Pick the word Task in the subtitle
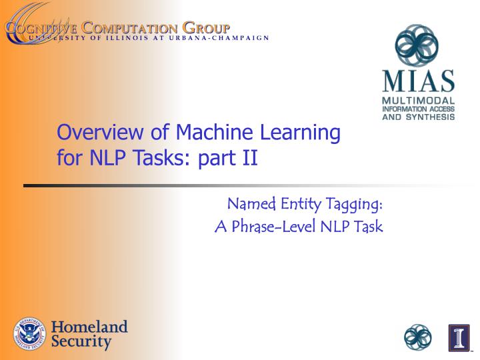click(368, 227)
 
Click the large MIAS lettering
click(417, 82)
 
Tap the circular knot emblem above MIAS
click(417, 45)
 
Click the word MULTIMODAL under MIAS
click(417, 100)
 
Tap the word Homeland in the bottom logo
click(89, 327)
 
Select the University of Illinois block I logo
click(459, 337)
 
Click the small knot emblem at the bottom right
click(418, 337)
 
